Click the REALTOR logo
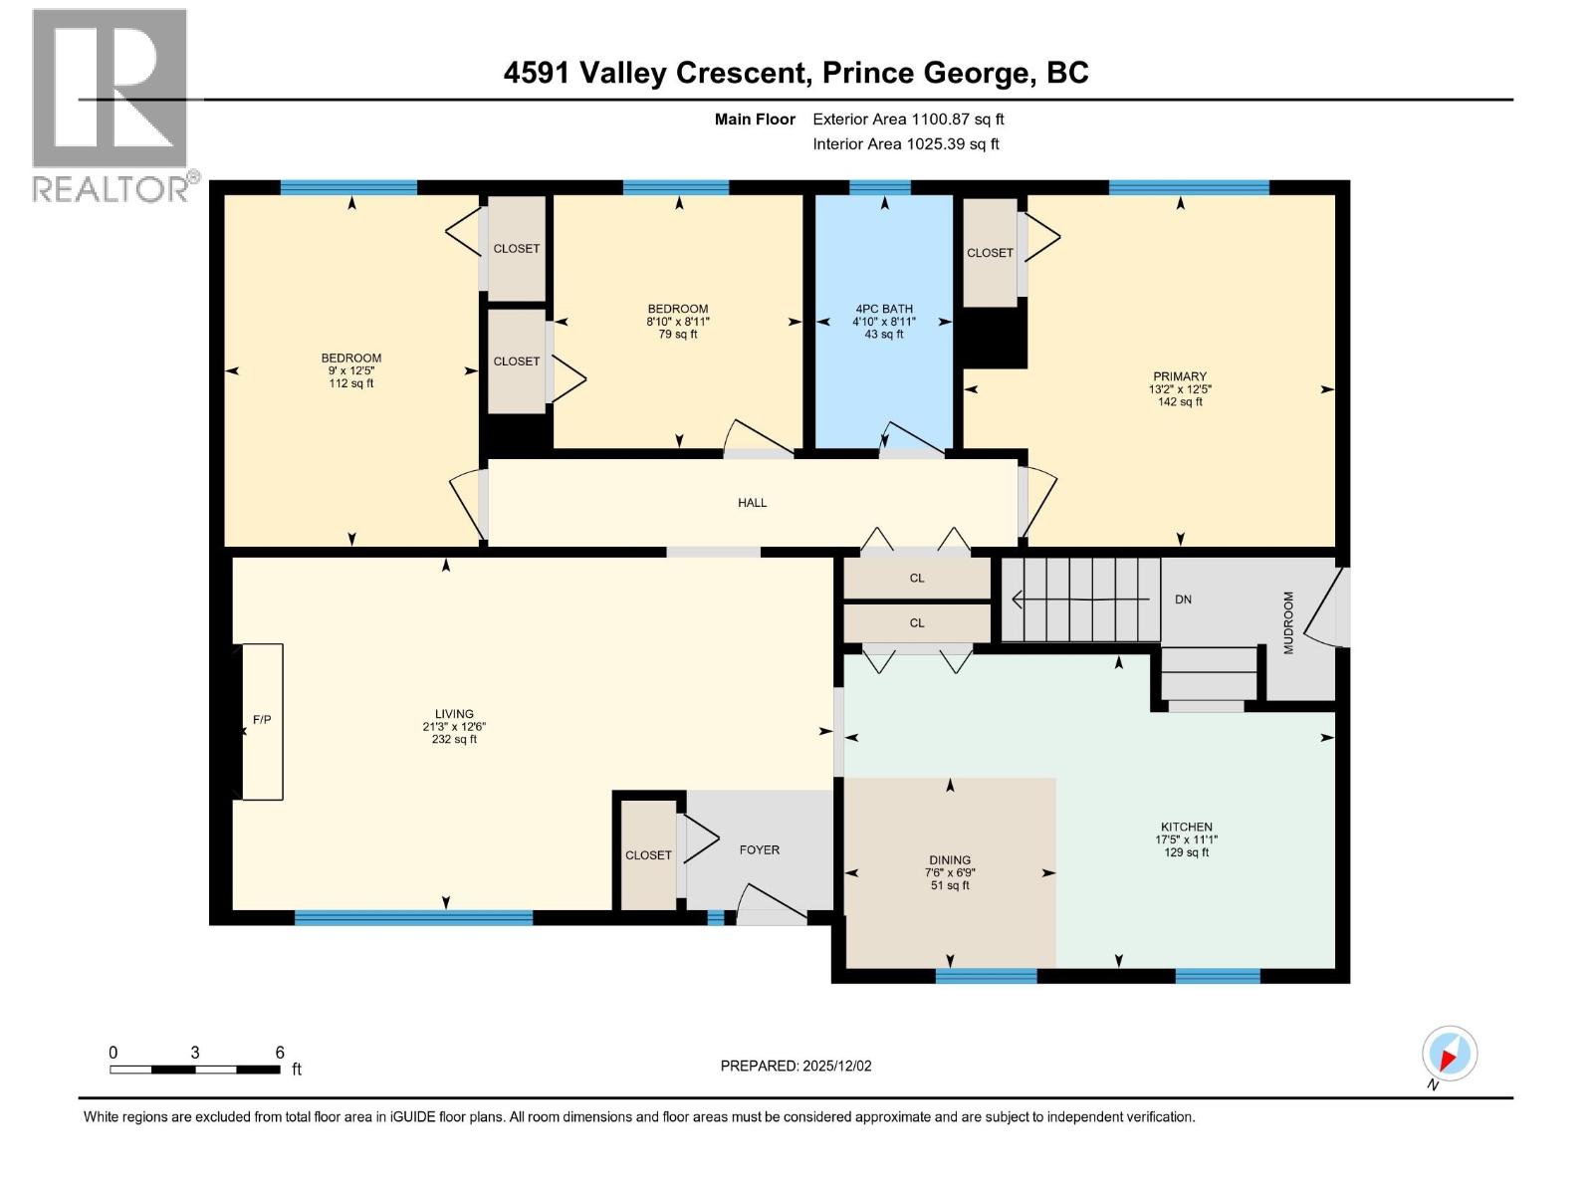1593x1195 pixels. coord(110,105)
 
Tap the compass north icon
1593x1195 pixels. coord(1450,1054)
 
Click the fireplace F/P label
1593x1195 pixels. coord(262,720)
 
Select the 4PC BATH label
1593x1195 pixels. coord(883,309)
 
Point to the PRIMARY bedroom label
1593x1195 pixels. coord(1180,376)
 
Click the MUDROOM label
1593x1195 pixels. coord(1288,622)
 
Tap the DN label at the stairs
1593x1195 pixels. coord(1183,599)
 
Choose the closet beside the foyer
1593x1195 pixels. coord(648,855)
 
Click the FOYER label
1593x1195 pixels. coord(759,850)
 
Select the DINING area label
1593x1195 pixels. coord(950,860)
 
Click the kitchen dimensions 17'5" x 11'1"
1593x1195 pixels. coord(1186,839)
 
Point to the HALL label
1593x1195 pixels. coord(752,503)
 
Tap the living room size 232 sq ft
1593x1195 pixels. coord(453,739)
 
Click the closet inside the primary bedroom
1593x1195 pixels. coord(990,253)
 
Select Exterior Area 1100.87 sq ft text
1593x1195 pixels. coord(908,119)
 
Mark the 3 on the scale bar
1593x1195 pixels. coord(195,1053)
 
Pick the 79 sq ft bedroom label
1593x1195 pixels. coord(678,335)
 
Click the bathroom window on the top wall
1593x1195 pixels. coord(880,187)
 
